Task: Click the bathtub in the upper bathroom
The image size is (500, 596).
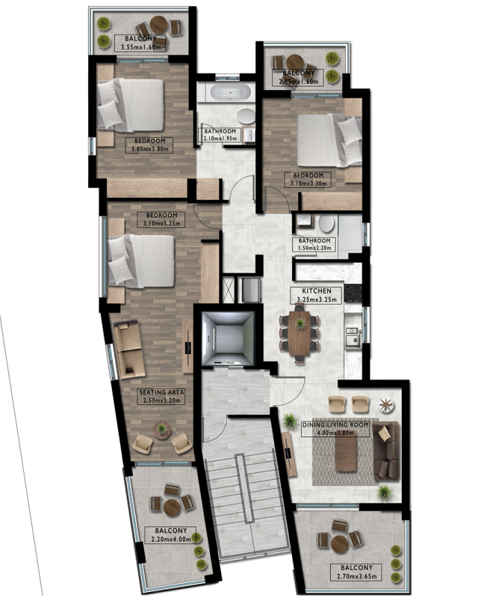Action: point(231,93)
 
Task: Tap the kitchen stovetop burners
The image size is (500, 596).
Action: point(353,293)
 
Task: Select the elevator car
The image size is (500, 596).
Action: point(227,339)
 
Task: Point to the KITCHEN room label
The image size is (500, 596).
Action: point(317,291)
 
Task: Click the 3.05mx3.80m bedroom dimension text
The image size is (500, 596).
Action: point(149,149)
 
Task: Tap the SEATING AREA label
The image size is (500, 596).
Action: point(162,393)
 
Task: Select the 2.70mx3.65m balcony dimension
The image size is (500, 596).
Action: point(357,577)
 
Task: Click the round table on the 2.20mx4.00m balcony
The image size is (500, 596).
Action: point(172,507)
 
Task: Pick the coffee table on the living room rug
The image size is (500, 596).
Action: point(346,453)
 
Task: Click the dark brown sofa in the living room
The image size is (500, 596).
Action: point(386,451)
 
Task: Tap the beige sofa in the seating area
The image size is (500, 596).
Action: point(129,349)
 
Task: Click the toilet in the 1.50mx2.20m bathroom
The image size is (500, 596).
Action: point(327,223)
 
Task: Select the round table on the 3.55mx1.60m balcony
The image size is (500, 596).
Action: point(158,25)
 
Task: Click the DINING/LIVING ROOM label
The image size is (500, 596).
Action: point(335,424)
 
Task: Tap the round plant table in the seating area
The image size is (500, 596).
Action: point(162,430)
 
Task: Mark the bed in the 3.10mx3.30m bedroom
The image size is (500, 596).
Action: point(329,140)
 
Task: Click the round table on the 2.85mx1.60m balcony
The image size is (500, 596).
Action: point(294,63)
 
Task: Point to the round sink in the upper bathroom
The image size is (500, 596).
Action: point(246,116)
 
